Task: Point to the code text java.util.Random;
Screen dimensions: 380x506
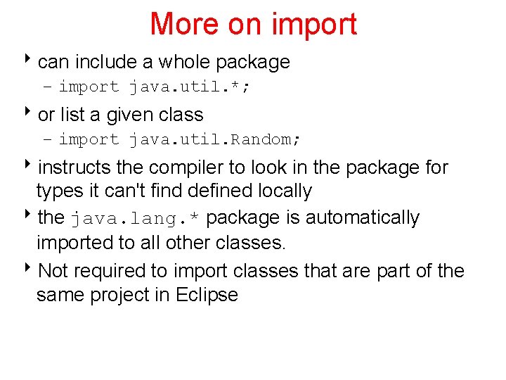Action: (214, 139)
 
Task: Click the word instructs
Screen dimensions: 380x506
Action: (73, 167)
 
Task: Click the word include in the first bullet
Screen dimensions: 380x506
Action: (105, 62)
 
